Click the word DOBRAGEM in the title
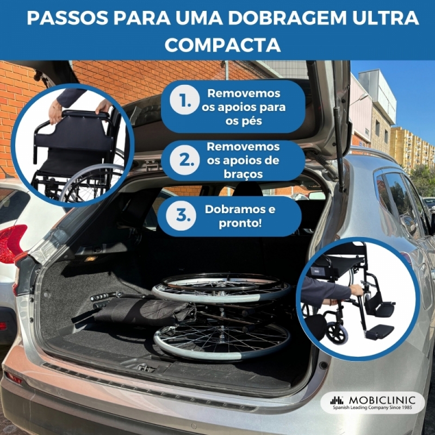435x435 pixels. click(287, 18)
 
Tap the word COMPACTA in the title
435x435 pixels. click(223, 45)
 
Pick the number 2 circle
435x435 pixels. click(185, 160)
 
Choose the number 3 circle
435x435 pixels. click(181, 215)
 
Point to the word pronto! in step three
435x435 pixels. click(240, 223)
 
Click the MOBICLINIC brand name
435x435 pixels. click(382, 400)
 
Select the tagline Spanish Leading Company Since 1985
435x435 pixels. click(372, 407)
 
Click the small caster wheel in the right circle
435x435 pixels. click(336, 332)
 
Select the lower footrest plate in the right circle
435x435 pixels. click(379, 332)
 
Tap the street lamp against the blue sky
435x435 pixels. click(359, 98)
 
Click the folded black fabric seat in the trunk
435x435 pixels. click(139, 310)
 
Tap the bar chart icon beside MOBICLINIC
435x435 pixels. click(337, 400)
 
